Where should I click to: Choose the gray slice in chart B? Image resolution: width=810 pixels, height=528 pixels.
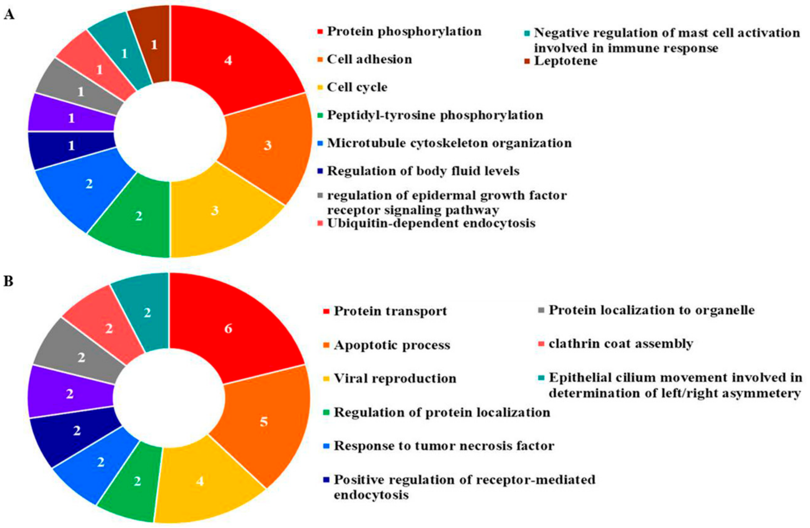tap(81, 358)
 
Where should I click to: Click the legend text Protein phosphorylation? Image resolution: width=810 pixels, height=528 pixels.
tap(404, 32)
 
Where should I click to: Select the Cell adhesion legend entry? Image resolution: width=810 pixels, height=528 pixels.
tap(369, 60)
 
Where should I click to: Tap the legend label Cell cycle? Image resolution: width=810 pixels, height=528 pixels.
tap(357, 87)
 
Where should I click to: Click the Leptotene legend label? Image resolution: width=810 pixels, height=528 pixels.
tap(566, 61)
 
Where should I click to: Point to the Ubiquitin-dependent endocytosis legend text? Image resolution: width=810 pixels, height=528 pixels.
tap(431, 223)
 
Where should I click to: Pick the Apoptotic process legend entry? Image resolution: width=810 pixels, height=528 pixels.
tap(392, 345)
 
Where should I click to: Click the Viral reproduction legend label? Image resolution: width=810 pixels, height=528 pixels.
tap(395, 378)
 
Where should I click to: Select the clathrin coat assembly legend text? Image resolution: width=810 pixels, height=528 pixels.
tap(621, 344)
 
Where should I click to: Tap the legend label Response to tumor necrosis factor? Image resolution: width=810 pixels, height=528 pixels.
tap(444, 446)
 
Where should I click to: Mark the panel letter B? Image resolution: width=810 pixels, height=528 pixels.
tap(8, 282)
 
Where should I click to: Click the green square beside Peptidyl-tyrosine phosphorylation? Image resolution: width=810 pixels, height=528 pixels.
tap(320, 115)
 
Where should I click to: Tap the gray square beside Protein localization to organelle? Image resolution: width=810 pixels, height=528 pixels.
tap(542, 310)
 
